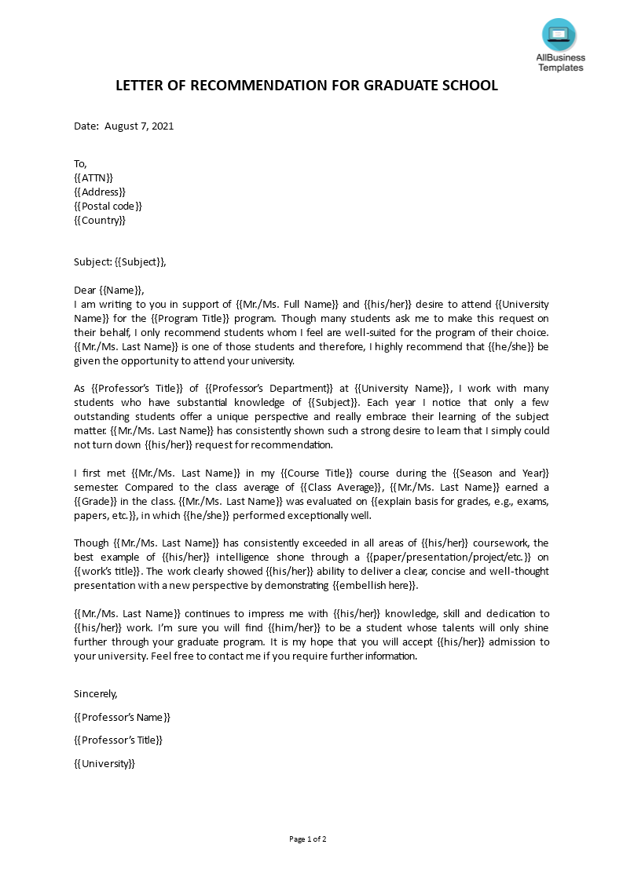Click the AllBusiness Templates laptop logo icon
(559, 35)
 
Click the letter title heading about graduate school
(306, 86)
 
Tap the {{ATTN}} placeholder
(93, 177)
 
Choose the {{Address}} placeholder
(99, 192)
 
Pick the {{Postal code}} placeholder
(108, 206)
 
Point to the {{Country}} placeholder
(99, 220)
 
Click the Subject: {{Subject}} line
(120, 262)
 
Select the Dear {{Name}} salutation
(109, 290)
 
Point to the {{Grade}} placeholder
(97, 501)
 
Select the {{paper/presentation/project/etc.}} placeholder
(453, 557)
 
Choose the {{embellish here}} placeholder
(376, 585)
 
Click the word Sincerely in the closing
(95, 693)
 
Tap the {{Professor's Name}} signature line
(122, 717)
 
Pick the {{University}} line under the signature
(104, 763)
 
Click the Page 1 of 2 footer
(308, 839)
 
